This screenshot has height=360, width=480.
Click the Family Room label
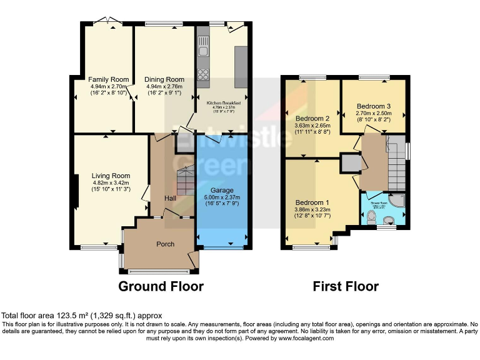(108, 79)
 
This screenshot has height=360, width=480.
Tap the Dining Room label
(164, 79)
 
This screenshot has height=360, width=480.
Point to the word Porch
(165, 244)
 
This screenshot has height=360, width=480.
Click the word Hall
(170, 198)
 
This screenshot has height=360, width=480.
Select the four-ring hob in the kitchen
(203, 74)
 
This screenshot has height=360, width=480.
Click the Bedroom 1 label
(312, 202)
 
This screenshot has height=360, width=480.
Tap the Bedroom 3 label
(373, 106)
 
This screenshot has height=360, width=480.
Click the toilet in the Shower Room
(371, 217)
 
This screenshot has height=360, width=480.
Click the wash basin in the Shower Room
(390, 219)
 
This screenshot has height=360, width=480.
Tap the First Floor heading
(346, 286)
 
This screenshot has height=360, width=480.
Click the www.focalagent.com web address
(299, 338)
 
